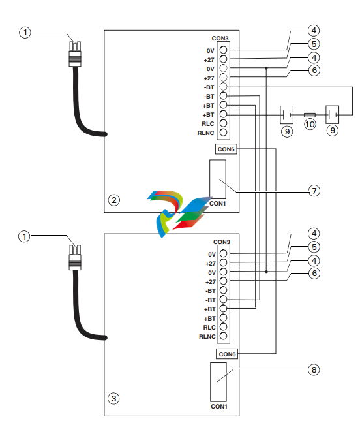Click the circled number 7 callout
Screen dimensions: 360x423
click(314, 191)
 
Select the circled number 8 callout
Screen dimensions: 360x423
click(314, 369)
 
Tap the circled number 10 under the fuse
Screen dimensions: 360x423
click(310, 125)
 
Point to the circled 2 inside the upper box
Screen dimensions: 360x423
click(114, 200)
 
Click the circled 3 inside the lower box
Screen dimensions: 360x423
click(113, 398)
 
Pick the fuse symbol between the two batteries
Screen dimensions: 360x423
click(310, 115)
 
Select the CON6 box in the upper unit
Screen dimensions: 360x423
click(226, 149)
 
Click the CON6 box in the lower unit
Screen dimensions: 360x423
click(227, 354)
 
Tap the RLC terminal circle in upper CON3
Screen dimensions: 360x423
click(224, 123)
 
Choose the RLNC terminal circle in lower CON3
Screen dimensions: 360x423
click(224, 336)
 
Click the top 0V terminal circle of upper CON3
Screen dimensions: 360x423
click(224, 50)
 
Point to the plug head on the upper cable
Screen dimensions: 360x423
click(75, 54)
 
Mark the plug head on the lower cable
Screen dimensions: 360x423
click(75, 257)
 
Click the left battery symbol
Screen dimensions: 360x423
click(286, 115)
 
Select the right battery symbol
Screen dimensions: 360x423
click(332, 115)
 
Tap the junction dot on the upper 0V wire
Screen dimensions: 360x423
click(266, 69)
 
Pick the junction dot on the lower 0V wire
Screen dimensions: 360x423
click(266, 272)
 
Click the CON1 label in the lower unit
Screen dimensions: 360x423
click(219, 407)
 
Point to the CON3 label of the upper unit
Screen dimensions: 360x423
click(220, 39)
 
